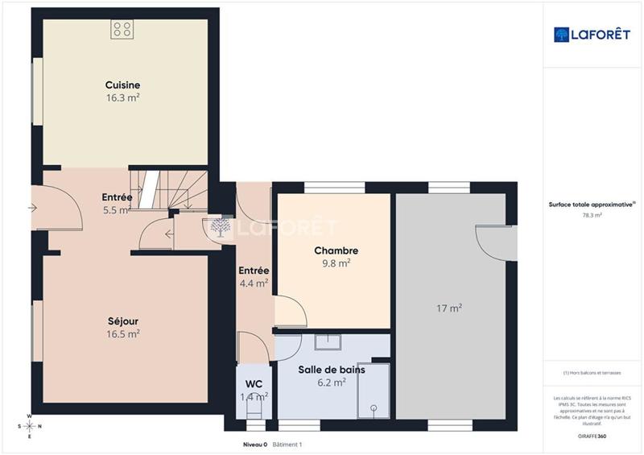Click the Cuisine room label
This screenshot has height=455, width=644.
pyautogui.click(x=122, y=85)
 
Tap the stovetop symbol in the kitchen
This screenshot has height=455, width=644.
pyautogui.click(x=122, y=30)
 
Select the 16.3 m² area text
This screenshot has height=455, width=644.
pyautogui.click(x=122, y=97)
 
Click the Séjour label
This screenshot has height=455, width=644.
pyautogui.click(x=123, y=321)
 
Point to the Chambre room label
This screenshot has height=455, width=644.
pyautogui.click(x=336, y=250)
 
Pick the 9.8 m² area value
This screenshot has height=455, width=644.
pyautogui.click(x=336, y=263)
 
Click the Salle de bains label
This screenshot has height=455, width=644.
pyautogui.click(x=332, y=370)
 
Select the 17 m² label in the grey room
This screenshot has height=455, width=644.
pyautogui.click(x=449, y=308)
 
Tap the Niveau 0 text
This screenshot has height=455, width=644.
pyautogui.click(x=255, y=445)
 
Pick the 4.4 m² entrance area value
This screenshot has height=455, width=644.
pyautogui.click(x=254, y=283)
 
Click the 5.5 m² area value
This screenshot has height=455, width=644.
pyautogui.click(x=118, y=209)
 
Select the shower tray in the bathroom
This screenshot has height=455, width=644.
pyautogui.click(x=373, y=391)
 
